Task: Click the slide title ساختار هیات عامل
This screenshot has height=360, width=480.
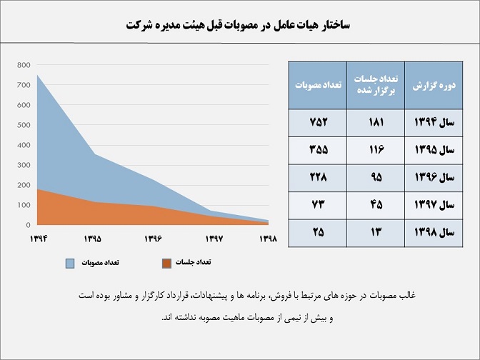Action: tap(240, 24)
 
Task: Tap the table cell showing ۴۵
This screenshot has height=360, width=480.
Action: tap(376, 205)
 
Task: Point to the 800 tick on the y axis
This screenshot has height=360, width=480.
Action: tap(23, 65)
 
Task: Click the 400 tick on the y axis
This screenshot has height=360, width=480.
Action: tap(23, 145)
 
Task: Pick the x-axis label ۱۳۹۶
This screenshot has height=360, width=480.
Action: tap(153, 238)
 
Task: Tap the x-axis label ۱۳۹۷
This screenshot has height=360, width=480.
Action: tap(212, 238)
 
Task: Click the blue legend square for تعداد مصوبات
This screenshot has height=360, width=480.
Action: tap(69, 264)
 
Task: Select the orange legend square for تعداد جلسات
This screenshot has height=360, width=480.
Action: tap(167, 264)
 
